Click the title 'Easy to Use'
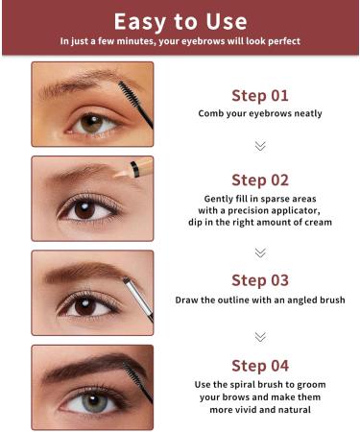180,21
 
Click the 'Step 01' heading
259,95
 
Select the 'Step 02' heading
259,180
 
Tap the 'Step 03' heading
259,280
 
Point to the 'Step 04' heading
259,365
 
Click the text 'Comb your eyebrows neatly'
259,114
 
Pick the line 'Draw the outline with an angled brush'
259,300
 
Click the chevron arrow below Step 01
259,146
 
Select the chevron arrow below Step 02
259,252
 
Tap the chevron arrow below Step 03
259,336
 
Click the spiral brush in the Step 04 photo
134,369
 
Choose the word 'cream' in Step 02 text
313,222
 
